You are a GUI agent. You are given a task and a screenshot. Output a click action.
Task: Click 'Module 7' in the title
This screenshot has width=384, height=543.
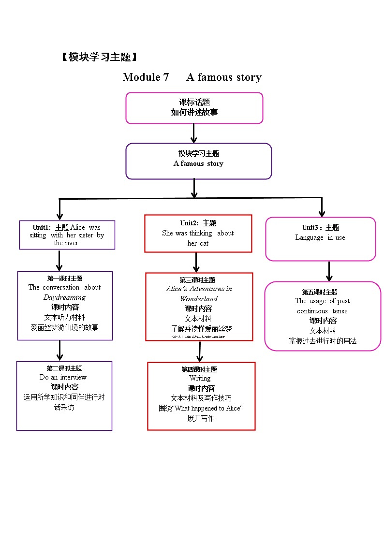pyautogui.click(x=146, y=77)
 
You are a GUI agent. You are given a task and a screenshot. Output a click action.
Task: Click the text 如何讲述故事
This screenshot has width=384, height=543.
pyautogui.click(x=194, y=112)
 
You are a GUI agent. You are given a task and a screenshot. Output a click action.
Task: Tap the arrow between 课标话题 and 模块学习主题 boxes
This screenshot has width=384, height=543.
pyautogui.click(x=193, y=133)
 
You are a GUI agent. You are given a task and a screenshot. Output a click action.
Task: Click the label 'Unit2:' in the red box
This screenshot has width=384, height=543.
pyautogui.click(x=189, y=223)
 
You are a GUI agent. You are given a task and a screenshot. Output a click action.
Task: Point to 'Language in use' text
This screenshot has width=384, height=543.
pyautogui.click(x=320, y=237)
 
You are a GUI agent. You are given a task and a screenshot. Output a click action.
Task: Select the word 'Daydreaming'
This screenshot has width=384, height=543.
pyautogui.click(x=64, y=297)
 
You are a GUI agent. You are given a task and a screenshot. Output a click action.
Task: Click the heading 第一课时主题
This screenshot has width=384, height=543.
pyautogui.click(x=64, y=278)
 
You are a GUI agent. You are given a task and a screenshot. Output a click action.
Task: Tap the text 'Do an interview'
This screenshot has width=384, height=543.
pyautogui.click(x=63, y=377)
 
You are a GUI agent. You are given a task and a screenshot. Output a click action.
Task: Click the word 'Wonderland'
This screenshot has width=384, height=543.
pyautogui.click(x=199, y=299)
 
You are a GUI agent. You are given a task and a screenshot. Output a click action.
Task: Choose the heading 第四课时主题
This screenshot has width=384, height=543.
pyautogui.click(x=199, y=369)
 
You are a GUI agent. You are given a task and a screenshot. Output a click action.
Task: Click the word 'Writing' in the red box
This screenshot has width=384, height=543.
pyautogui.click(x=200, y=378)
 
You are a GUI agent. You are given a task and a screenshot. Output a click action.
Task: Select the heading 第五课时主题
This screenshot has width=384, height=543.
pyautogui.click(x=320, y=292)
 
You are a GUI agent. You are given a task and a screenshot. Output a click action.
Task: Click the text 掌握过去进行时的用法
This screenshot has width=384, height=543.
pyautogui.click(x=323, y=341)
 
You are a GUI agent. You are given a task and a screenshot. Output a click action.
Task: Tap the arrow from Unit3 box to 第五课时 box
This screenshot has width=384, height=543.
pyautogui.click(x=329, y=271)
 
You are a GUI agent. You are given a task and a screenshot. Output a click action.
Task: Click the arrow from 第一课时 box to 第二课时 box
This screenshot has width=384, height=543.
pyautogui.click(x=59, y=350)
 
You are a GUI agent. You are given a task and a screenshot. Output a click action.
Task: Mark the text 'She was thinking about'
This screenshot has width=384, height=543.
pyautogui.click(x=198, y=233)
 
